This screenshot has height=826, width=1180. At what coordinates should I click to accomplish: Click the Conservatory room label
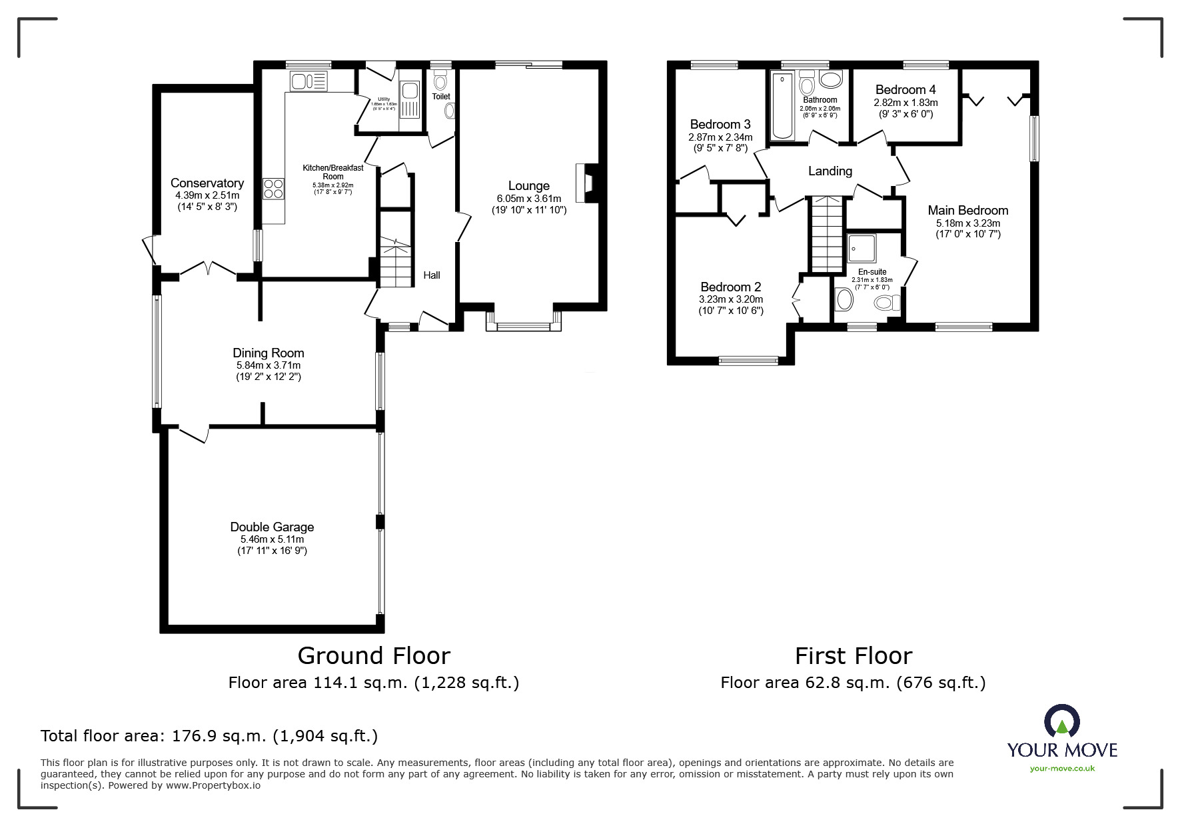point(207,183)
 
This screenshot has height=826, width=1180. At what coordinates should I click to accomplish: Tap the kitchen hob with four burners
point(273,188)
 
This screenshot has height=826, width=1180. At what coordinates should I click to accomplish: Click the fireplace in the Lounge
point(585,183)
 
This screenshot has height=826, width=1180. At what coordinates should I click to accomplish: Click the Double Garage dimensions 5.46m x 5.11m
point(272,539)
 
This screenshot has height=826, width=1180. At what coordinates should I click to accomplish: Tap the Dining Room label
point(268,353)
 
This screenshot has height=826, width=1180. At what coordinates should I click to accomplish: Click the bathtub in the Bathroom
point(783,107)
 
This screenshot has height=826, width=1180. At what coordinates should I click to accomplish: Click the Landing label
point(830,171)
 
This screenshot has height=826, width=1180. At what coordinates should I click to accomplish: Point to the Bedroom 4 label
point(905,89)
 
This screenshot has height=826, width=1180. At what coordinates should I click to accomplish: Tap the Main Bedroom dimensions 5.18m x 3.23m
point(967,223)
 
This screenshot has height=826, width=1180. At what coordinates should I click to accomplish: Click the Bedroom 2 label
point(730,287)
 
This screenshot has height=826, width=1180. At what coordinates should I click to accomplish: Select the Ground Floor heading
point(373,656)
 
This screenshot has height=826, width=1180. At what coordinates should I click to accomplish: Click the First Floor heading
point(853,656)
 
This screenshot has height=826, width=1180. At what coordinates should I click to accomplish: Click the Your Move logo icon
point(1061,721)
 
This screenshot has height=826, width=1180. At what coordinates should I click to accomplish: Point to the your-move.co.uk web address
point(1062,769)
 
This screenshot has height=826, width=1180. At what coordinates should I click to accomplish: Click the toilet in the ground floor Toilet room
point(439,82)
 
